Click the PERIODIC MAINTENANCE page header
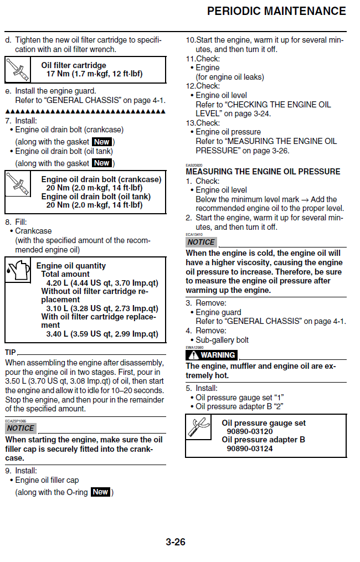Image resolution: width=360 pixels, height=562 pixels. pos(276,11)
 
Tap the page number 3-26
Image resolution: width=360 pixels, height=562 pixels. pos(176,542)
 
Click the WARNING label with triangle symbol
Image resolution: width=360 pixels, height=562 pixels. pos(212,355)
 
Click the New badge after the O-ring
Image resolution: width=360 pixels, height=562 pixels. pos(100,492)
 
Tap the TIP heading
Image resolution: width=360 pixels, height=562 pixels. pos(11,353)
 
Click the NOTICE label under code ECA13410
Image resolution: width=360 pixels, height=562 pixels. pos(200,242)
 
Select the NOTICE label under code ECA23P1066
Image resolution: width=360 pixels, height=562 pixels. pos(20,428)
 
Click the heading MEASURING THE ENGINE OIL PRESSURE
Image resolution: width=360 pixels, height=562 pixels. pos(263,171)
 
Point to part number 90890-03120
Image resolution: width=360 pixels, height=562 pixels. pos(250,431)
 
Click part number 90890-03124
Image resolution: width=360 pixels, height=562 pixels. pos(250,448)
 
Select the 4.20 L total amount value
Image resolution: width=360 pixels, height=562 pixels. pos(102,282)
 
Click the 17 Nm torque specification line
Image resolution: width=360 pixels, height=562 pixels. pos(94,74)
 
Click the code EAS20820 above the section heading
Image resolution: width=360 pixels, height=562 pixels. pos(194,165)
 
